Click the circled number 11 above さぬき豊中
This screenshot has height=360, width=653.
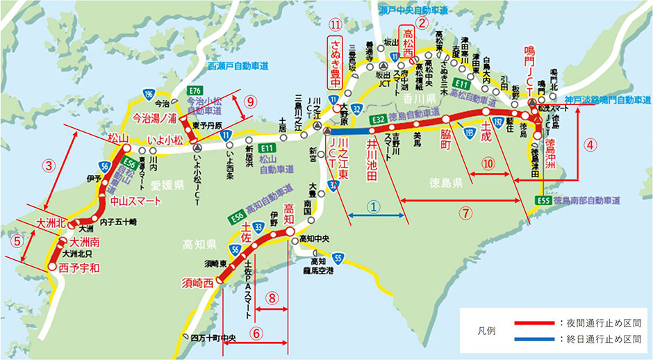pyautogui.click(x=336, y=24)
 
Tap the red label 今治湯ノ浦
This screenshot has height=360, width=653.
pyautogui.click(x=158, y=118)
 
